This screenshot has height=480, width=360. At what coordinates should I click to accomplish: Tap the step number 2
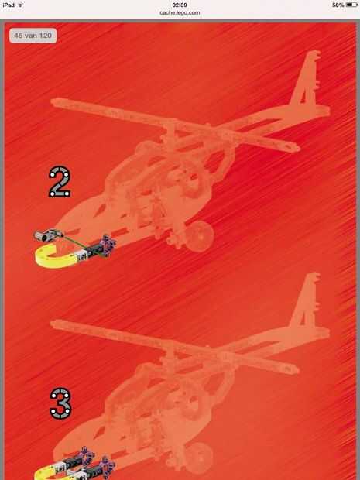point(60,181)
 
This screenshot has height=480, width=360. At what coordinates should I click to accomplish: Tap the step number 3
point(60,403)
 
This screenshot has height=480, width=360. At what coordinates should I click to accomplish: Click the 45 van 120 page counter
point(33,36)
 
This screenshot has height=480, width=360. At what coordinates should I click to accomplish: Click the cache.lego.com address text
point(180,13)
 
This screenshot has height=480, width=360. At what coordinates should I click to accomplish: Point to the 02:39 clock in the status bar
point(180,5)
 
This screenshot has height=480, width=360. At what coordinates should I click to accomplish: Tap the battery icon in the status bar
point(351,5)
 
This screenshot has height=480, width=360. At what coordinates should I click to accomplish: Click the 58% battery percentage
point(338,5)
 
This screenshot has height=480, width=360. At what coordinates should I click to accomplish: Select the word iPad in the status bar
point(9,5)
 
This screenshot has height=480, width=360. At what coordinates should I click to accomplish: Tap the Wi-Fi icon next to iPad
point(21,5)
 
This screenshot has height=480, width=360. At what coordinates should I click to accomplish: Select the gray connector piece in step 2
point(48,235)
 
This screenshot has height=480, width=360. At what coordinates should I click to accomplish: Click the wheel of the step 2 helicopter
point(199,236)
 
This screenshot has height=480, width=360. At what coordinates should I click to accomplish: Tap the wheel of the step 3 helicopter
point(199,458)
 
